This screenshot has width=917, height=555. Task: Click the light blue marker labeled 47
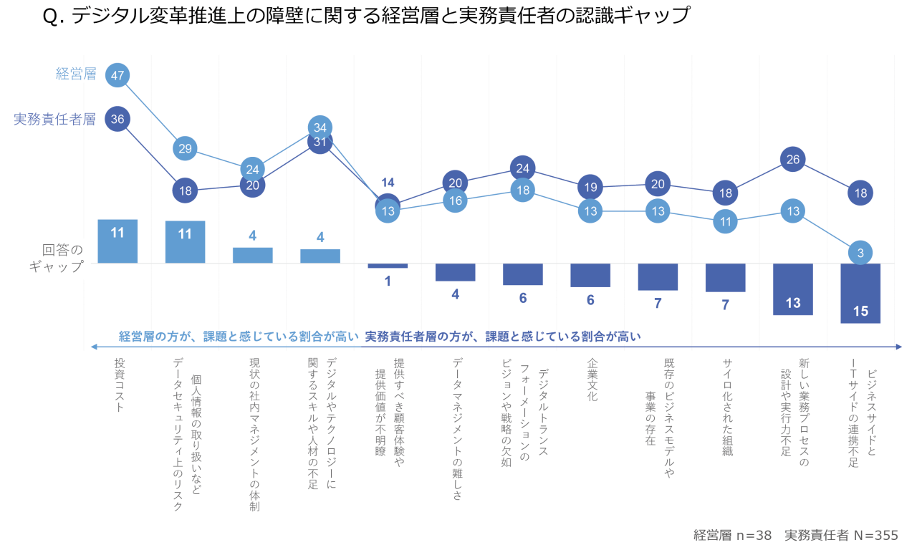click(117, 75)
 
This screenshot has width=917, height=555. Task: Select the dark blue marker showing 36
click(117, 120)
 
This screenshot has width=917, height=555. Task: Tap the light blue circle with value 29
click(185, 148)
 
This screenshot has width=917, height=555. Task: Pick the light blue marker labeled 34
click(320, 127)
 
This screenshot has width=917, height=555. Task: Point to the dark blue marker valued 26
click(793, 160)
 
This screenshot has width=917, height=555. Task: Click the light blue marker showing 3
click(860, 253)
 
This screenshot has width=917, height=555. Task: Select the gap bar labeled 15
click(860, 294)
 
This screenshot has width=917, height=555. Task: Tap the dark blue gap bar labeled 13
click(793, 289)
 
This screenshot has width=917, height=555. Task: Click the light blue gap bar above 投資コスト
click(117, 241)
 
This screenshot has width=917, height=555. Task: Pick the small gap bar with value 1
click(388, 266)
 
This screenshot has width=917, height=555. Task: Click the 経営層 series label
click(76, 74)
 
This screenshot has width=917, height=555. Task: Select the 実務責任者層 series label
click(54, 120)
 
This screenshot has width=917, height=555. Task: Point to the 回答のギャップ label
click(62, 258)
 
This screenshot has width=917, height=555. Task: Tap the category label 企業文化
click(592, 380)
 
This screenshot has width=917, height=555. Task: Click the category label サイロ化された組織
click(727, 407)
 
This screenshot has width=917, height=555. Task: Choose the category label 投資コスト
click(120, 385)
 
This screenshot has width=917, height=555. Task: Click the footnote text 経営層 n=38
click(732, 536)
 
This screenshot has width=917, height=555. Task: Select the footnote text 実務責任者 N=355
click(841, 536)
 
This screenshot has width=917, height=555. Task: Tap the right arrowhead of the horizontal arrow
click(898, 347)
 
